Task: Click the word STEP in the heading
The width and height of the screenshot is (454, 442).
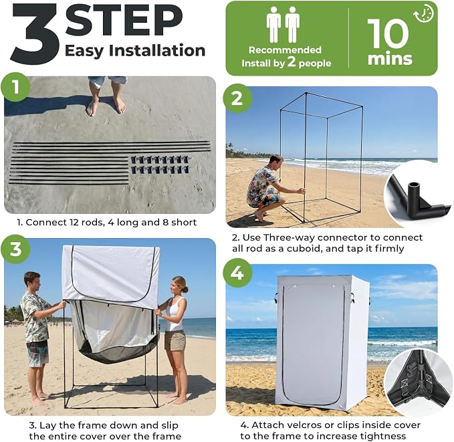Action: pyautogui.click(x=124, y=19)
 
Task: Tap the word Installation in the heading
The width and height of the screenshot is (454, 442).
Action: pyautogui.click(x=157, y=50)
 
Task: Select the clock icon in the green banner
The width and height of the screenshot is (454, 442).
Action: pyautogui.click(x=424, y=13)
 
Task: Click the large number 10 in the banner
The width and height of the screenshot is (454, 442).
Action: pyautogui.click(x=388, y=33)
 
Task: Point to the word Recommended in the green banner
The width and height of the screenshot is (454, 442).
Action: pyautogui.click(x=285, y=50)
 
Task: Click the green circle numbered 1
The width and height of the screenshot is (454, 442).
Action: pyautogui.click(x=15, y=87)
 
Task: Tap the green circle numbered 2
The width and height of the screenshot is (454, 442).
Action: pyautogui.click(x=237, y=98)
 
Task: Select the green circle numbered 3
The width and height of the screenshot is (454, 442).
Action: pyautogui.click(x=15, y=249)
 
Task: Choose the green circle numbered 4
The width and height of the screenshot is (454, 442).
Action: pyautogui.click(x=237, y=273)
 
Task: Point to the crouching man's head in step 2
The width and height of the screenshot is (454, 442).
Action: pyautogui.click(x=275, y=162)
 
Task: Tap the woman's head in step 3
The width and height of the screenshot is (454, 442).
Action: pyautogui.click(x=179, y=286)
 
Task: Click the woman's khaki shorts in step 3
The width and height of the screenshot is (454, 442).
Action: pyautogui.click(x=175, y=340)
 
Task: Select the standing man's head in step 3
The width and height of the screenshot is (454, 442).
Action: pyautogui.click(x=31, y=281)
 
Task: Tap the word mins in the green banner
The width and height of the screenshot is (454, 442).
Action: pyautogui.click(x=390, y=59)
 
